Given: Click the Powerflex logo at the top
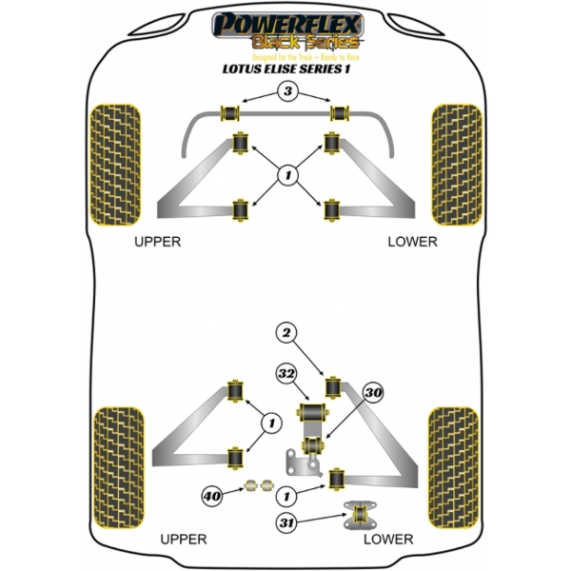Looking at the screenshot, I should coord(285,28).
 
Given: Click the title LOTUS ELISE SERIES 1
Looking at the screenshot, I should coord(285,69).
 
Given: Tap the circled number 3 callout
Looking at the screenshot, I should coord(285,92).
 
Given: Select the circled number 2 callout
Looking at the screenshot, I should coord(285,332).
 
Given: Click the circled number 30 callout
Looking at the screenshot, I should coord(373,391).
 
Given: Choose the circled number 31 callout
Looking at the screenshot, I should coord(285,521).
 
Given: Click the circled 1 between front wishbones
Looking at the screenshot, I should coord(285,174).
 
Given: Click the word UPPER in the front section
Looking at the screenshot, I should coord(157,242).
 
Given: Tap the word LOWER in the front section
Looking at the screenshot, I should coord(412,242).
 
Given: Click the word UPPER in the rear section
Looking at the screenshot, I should coord(184,540).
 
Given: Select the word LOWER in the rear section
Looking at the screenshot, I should coord(388,540).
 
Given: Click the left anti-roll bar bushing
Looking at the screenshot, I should coord(229,112).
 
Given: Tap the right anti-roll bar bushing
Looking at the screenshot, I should coord(336,113).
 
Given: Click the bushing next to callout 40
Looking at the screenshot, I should coord(253,488).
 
